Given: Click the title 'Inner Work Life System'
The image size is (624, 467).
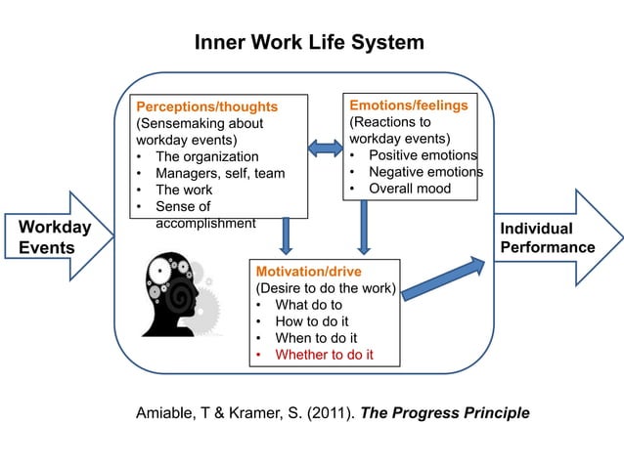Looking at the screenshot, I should tap(309, 43).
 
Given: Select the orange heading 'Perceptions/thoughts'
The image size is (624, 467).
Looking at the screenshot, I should tap(206, 106).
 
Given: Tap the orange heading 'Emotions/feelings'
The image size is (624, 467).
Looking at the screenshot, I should tap(409, 105).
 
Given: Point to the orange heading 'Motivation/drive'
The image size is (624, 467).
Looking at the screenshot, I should tap(308, 272).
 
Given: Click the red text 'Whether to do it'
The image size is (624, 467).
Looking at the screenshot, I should tap(324, 355).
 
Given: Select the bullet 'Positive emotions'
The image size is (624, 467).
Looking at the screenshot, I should tap(423, 155).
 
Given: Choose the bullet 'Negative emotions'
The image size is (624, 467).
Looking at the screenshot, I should tap(425, 172).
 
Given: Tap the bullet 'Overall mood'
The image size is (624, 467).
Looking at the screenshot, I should tap(410, 189).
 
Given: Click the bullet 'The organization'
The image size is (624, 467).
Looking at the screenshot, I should tap(206, 156).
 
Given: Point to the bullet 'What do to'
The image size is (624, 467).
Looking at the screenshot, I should tap(308, 305).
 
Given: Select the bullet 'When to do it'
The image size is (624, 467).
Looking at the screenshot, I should tap(315, 338).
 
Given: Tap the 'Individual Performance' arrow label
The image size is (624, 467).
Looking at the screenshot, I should tap(547, 237).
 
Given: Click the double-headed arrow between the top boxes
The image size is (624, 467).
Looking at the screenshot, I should tap(324, 148).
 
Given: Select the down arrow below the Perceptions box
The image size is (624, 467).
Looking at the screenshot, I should tap(286, 234).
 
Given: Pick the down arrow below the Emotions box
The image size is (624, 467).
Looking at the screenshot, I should tap(363, 228).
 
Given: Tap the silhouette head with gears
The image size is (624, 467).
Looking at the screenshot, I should tap(177, 293).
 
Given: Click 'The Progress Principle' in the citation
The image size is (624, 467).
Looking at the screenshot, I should tap(445, 413).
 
